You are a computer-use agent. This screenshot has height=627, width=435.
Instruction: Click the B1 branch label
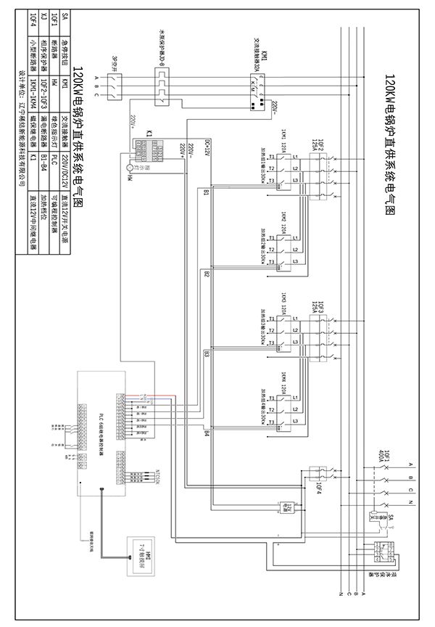click(x=207, y=193)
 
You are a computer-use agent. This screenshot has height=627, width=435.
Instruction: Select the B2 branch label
click(x=207, y=274)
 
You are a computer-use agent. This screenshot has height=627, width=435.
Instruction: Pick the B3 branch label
click(x=207, y=355)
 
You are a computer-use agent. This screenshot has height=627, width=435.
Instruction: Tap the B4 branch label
click(x=207, y=433)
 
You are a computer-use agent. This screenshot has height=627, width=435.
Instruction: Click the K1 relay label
click(x=149, y=134)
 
